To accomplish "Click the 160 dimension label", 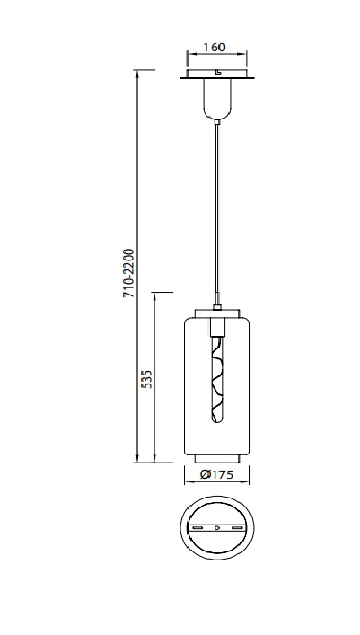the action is tap(214, 47).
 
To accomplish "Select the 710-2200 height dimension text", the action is tap(128, 273).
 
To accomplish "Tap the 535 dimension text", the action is tap(148, 379).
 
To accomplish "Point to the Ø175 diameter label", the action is tap(216, 474).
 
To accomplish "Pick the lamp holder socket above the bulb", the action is tap(217, 326).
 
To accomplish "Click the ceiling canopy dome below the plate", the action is tap(217, 99).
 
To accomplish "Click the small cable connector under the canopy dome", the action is tap(217, 121).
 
